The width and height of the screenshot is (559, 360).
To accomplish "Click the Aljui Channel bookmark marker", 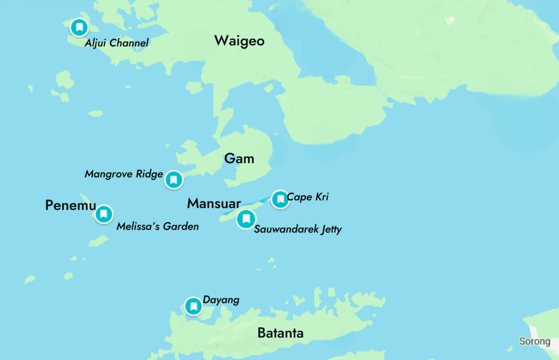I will pos(80,27).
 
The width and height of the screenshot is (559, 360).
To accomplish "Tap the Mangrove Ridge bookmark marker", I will pos(174,180).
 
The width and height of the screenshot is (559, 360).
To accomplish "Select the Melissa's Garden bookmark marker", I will pos(104,214).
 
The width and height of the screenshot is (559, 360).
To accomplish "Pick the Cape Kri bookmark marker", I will pos(280,199).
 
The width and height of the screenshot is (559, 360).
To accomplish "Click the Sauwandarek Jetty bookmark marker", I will pos(246,219).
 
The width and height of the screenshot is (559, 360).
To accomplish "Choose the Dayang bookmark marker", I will pos(193,306).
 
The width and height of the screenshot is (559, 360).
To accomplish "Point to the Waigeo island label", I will pos(239,41).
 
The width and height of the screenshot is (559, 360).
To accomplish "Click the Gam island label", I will pos(239,159).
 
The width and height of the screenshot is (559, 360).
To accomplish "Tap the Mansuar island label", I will pos(213,204).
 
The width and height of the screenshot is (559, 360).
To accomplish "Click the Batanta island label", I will pos(280,333).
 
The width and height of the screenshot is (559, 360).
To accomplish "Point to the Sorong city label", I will pos(534,341).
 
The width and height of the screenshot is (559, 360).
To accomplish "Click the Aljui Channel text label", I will pos(116,43).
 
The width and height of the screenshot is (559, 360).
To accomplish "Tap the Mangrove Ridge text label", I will pos(124,174).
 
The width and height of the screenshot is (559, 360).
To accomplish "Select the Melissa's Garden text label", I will pos(157,226).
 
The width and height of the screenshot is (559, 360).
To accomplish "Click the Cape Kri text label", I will pos(307,197).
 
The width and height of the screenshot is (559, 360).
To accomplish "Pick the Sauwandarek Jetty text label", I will pos(298,229).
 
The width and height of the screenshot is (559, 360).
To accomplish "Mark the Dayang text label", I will pos(221,300).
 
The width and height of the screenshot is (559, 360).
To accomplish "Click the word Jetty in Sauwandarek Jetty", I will pos(329,229).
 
